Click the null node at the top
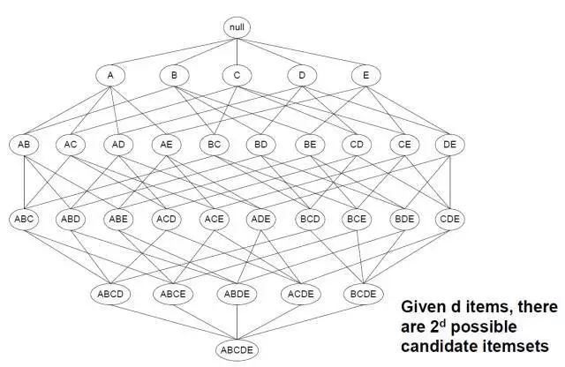point(237,26)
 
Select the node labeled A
point(110,76)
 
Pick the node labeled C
point(237,76)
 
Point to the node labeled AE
point(165,144)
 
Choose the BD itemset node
point(260,144)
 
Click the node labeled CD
point(357,144)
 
